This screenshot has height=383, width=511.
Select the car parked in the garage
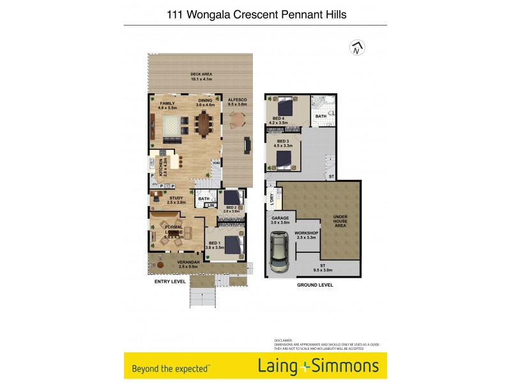coord(278,252)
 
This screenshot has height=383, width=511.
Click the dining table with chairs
coord(204,124)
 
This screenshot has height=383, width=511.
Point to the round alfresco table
coord(238,119)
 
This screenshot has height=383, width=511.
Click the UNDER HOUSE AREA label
coord(340,222)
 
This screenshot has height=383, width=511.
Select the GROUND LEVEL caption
coord(314,285)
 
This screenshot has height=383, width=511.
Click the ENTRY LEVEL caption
coord(171,281)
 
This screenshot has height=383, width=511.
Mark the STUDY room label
coord(176,199)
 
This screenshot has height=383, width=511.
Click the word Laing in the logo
coord(279,366)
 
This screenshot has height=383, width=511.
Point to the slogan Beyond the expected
coord(170,368)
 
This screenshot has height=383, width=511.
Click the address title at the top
coord(256,13)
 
